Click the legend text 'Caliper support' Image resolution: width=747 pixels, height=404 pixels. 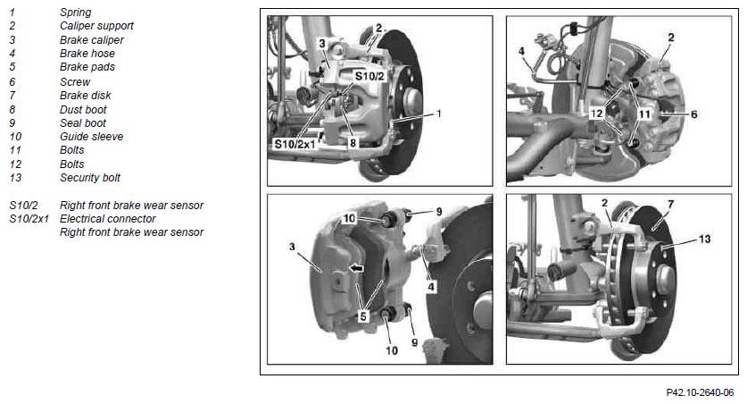96,26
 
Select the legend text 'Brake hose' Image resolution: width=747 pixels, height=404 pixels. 87,54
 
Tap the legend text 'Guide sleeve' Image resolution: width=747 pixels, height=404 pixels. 91,137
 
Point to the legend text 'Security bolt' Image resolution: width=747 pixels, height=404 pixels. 90,178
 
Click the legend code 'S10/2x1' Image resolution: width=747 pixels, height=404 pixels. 29,219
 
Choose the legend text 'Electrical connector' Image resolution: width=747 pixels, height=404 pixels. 108,219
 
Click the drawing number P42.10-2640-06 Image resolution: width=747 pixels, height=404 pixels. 700,392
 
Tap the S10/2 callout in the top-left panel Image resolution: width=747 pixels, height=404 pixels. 369,76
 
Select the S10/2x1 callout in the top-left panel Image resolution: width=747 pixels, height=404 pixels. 295,144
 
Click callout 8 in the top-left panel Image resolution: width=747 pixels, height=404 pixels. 353,143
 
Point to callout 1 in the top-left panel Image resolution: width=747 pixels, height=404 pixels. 439,114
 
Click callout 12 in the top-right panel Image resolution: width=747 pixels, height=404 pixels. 596,114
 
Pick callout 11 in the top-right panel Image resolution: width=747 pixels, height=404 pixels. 644,114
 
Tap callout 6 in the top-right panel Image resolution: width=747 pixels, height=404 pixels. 693,114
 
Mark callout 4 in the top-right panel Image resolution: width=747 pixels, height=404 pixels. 522,51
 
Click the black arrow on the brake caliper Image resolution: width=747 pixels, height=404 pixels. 356,268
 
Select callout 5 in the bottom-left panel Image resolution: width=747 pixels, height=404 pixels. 363,316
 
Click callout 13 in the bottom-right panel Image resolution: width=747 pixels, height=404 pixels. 704,239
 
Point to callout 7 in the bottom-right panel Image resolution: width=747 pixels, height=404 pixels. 671,205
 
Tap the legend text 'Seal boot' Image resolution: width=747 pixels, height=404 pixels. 83,123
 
